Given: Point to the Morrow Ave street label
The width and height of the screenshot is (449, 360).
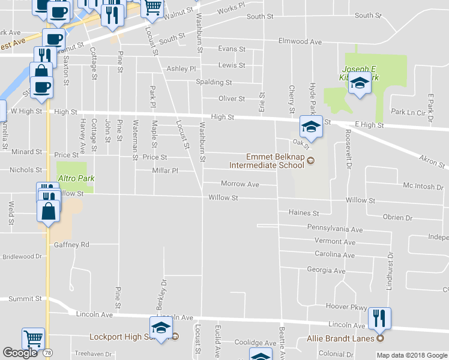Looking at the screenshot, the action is click(240, 184).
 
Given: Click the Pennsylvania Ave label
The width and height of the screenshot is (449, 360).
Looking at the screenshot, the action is click(335, 229).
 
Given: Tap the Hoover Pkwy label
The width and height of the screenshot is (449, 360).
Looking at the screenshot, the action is click(351, 307).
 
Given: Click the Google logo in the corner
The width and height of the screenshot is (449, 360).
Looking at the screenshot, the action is click(20, 353).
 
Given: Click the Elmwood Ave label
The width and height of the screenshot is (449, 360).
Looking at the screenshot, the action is click(300, 42).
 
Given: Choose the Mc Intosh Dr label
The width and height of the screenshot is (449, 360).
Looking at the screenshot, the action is click(423, 187).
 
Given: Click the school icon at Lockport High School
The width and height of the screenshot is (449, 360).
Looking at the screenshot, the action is click(161, 327).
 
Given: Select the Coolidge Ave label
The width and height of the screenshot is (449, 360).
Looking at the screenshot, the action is click(255, 343).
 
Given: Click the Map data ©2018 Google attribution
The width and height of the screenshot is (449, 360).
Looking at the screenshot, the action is click(412, 355).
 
